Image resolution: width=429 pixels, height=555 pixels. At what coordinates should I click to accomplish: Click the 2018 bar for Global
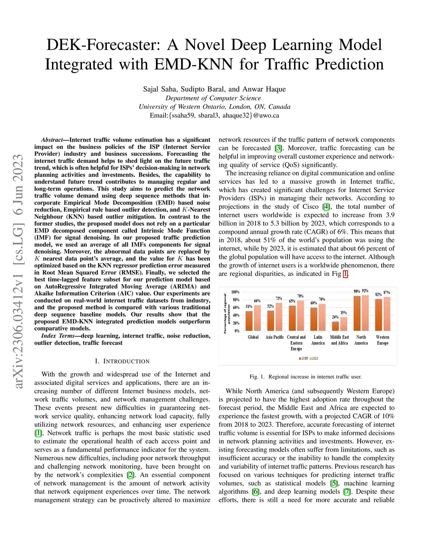pyautogui.click(x=249, y=321)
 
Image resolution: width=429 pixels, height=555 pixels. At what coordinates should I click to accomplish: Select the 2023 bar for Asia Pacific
pyautogui.click(x=279, y=317)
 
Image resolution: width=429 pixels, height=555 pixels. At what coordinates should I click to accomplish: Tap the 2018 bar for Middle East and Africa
pyautogui.click(x=335, y=326)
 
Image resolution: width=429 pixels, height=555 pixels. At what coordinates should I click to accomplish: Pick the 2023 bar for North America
pyautogui.click(x=365, y=313)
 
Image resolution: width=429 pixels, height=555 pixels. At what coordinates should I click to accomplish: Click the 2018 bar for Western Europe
pyautogui.click(x=379, y=315)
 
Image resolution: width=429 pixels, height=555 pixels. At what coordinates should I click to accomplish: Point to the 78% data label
pyautogui.click(x=300, y=296)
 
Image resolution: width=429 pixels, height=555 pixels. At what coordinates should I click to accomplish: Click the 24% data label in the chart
pyautogui.click(x=335, y=317)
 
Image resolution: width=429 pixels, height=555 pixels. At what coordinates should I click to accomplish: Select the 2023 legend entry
pyautogui.click(x=314, y=359)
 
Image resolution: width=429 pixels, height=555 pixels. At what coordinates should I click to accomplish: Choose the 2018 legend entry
pyautogui.click(x=303, y=359)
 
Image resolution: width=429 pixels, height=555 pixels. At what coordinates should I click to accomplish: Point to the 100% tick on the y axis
pyautogui.click(x=235, y=292)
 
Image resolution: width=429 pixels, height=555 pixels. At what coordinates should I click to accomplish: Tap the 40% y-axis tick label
pyautogui.click(x=236, y=315)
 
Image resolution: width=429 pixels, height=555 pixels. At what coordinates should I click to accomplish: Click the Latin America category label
pyautogui.click(x=318, y=340)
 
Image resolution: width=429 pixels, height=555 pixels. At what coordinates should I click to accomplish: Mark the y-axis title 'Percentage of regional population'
pyautogui.click(x=227, y=313)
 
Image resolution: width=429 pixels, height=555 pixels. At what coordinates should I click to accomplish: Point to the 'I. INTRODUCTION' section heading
pyautogui.click(x=122, y=361)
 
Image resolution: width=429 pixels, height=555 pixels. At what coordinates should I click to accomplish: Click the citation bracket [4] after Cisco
pyautogui.click(x=326, y=207)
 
